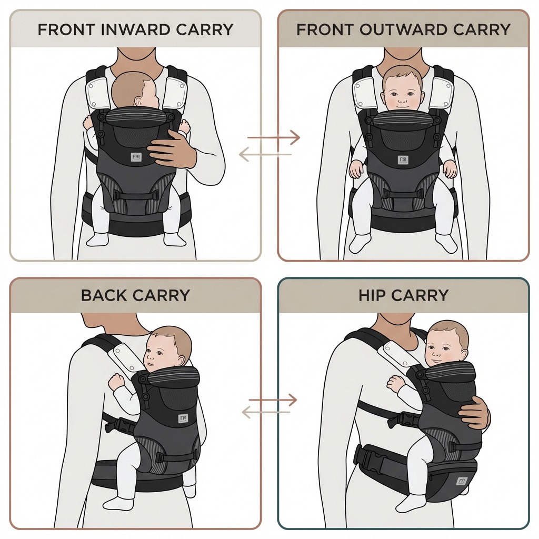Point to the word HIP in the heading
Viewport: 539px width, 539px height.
372,295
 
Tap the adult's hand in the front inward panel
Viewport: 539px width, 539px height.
172,148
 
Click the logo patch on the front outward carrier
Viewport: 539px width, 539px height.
403,160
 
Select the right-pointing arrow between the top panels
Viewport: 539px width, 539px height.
274,137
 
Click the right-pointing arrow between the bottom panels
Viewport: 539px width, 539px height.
273,400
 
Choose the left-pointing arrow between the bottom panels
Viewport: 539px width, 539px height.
266,412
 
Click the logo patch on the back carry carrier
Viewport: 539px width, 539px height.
183,418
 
